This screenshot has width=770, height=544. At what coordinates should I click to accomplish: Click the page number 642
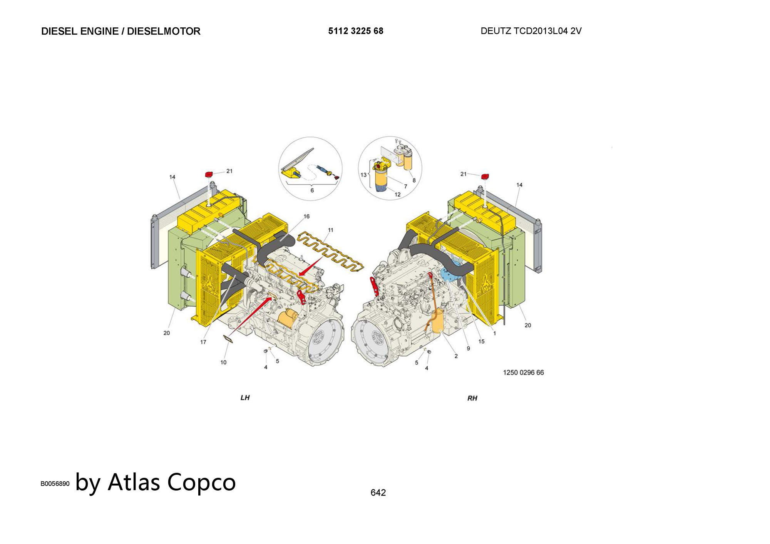point(378,492)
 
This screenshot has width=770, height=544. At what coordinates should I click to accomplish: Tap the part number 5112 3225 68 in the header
point(356,31)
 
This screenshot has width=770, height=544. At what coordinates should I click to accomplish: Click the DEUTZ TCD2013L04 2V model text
point(531,31)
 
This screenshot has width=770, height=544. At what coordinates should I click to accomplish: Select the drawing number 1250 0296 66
point(523,372)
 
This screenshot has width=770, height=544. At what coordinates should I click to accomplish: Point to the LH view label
point(245,397)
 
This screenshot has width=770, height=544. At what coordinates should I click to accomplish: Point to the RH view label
point(472,398)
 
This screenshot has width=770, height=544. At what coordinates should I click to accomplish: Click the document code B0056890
point(55,484)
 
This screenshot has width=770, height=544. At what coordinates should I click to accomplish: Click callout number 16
point(306,217)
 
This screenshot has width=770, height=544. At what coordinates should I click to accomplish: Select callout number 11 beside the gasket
point(330,230)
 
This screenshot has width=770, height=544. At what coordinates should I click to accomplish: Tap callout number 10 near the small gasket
point(223,362)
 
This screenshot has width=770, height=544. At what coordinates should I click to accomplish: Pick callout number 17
point(203,342)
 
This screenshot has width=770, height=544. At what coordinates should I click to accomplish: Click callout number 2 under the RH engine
point(456,356)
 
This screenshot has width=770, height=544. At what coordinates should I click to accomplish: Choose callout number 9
point(468,349)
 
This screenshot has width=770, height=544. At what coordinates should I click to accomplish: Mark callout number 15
point(481,342)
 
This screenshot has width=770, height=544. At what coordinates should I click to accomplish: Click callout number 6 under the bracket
point(312,190)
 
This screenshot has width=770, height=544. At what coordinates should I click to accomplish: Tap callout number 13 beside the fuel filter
point(363,175)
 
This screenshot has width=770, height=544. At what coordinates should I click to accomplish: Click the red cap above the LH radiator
point(209,174)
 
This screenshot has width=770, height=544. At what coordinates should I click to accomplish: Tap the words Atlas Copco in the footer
point(172,482)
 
